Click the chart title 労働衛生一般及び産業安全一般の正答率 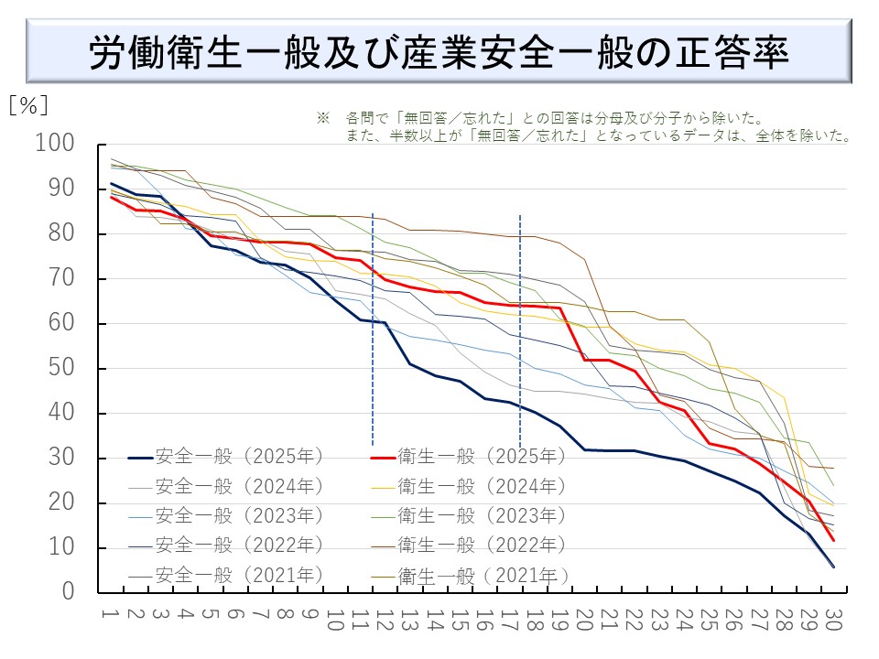tap(439, 53)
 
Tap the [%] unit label tap(28, 105)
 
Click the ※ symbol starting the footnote tap(322, 119)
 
